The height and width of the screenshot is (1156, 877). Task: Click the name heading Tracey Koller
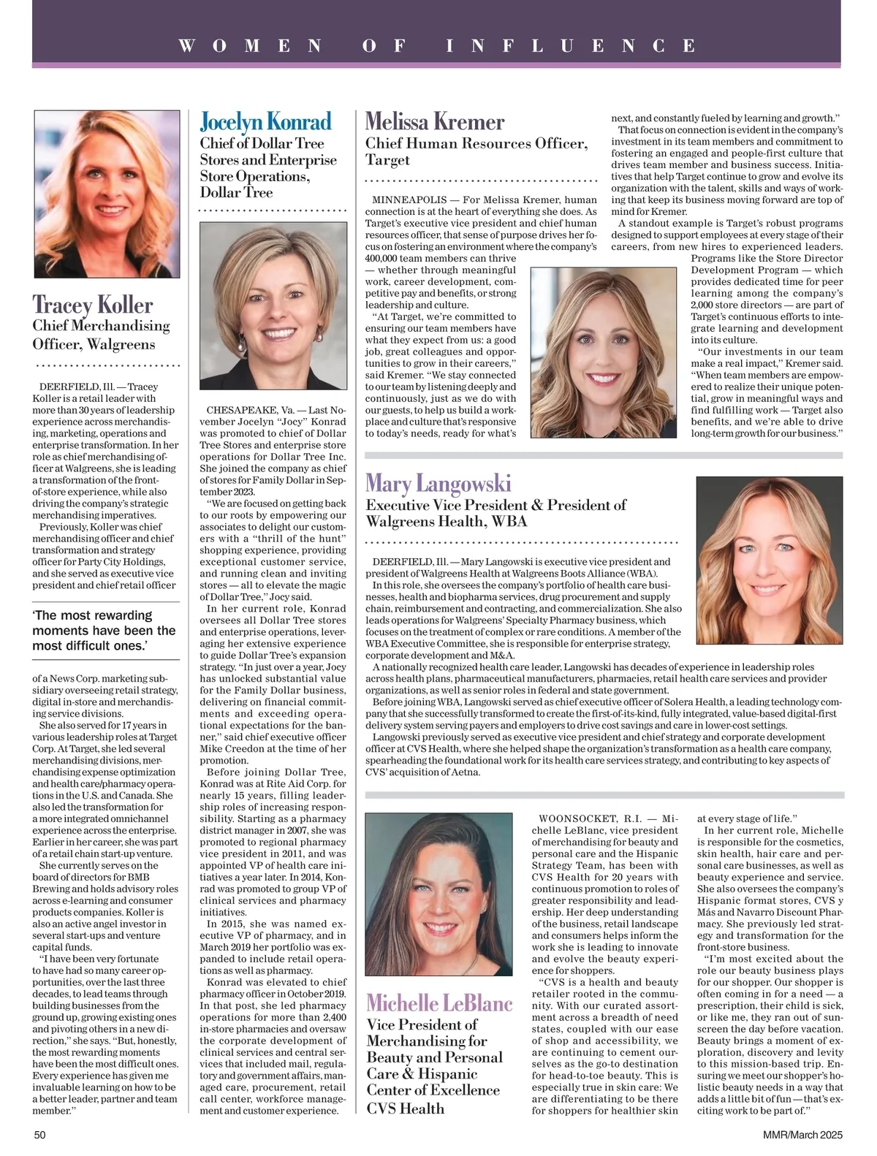93,304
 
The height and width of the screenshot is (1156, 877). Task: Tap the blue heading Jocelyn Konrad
266,121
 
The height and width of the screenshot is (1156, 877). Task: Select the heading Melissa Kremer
435,121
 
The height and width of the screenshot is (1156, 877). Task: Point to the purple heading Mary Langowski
438,483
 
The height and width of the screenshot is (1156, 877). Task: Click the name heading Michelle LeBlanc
439,1003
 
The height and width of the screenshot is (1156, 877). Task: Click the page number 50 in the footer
40,1135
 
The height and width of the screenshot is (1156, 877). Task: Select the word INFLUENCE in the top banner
572,46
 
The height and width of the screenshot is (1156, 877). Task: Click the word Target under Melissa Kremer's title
387,160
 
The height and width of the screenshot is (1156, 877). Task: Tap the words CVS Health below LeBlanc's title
405,1109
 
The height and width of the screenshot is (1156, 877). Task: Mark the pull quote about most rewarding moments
105,630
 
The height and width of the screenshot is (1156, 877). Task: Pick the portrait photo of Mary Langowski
770,561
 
